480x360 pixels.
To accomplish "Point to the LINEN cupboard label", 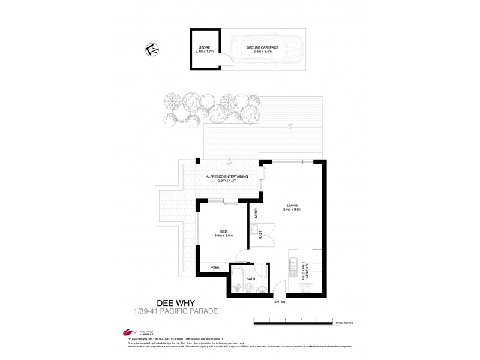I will pos(256,212).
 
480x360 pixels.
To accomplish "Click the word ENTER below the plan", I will pos(280,302).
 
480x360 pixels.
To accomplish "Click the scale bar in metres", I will pos(293,324).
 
